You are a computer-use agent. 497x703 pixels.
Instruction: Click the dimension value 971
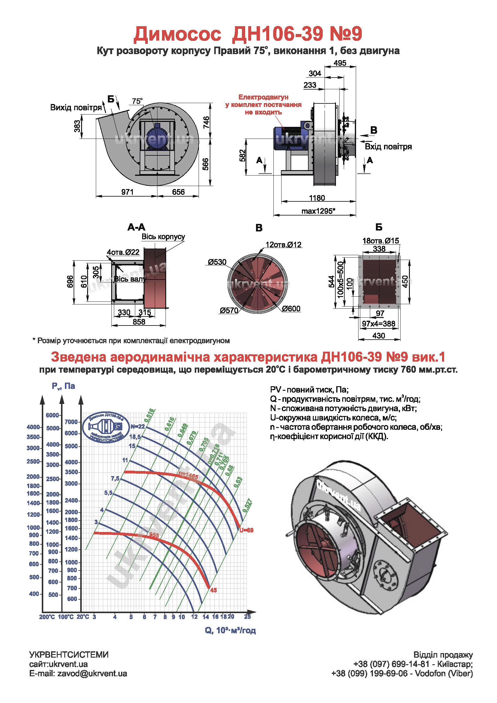pyautogui.click(x=127, y=192)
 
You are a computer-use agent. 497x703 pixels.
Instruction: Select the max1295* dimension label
pyautogui.click(x=318, y=211)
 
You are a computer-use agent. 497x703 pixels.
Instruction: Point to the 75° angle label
pyautogui.click(x=137, y=101)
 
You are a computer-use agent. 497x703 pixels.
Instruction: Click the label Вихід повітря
pyautogui.click(x=76, y=108)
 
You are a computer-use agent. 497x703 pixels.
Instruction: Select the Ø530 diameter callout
pyautogui.click(x=217, y=262)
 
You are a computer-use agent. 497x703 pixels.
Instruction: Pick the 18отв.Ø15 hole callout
pyautogui.click(x=381, y=241)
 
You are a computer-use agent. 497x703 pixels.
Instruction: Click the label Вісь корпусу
pyautogui.click(x=163, y=237)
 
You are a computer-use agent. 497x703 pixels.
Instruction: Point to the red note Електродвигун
pyautogui.click(x=263, y=97)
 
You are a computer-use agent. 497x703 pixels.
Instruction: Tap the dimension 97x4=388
pyautogui.click(x=379, y=324)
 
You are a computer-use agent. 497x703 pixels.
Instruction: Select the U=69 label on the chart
pyautogui.click(x=246, y=530)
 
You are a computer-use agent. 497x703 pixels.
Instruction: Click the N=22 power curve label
pyautogui.click(x=137, y=426)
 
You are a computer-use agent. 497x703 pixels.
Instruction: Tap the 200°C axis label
pyautogui.click(x=47, y=617)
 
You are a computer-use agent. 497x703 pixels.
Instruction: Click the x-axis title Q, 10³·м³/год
pyautogui.click(x=230, y=631)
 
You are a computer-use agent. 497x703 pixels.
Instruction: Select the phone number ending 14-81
pyautogui.click(x=392, y=664)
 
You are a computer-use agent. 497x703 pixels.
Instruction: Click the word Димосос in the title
pyautogui.click(x=177, y=34)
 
